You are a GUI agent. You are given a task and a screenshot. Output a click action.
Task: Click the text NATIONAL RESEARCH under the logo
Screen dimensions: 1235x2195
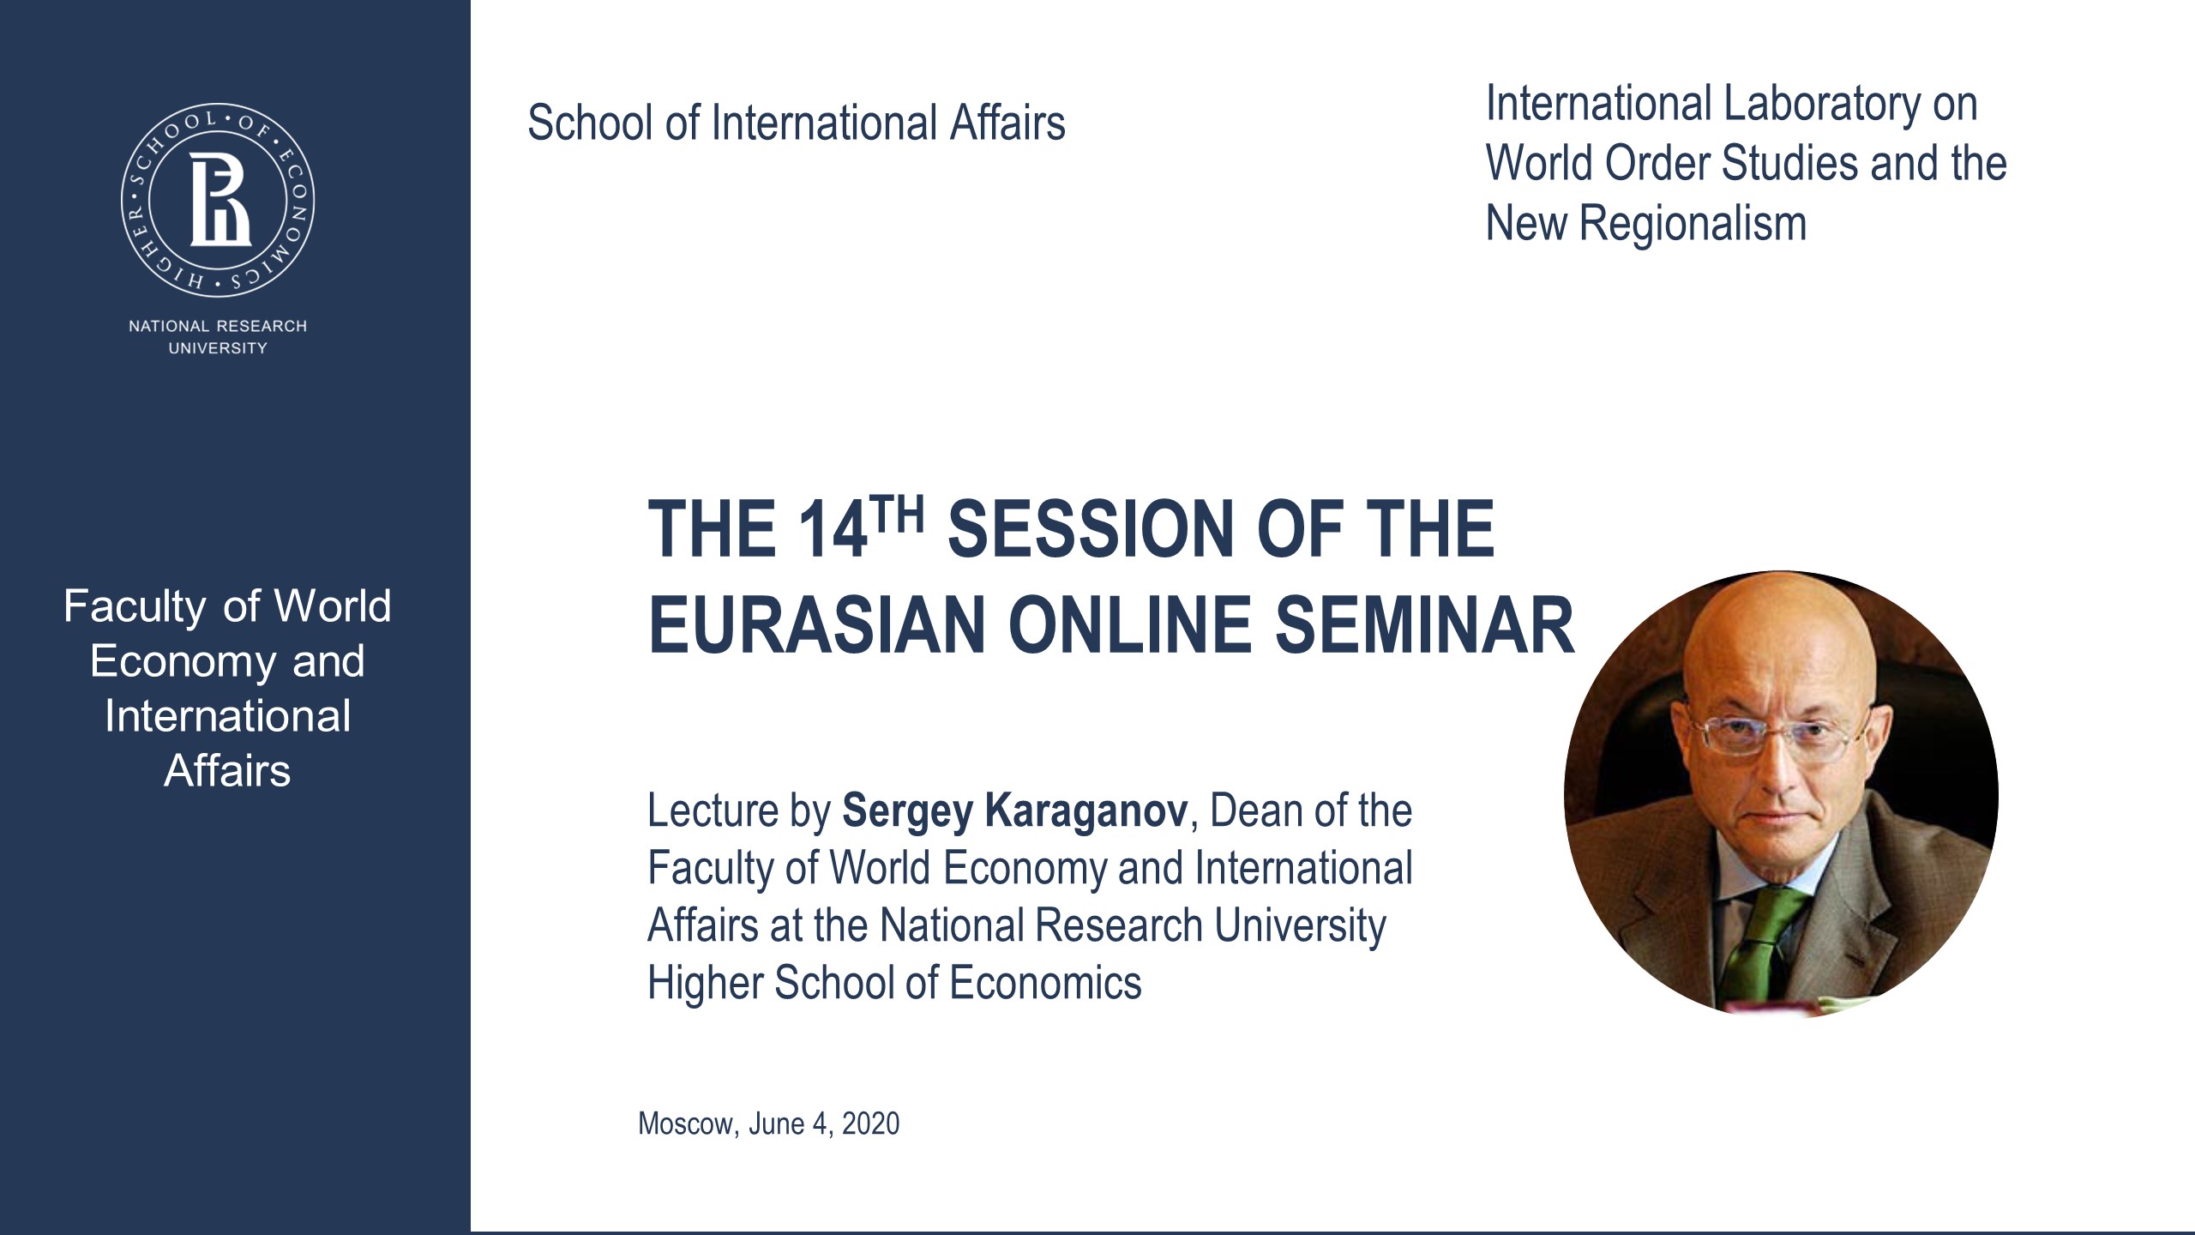(218, 326)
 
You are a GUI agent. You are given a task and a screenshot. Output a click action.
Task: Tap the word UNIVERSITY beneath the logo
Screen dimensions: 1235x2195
(218, 348)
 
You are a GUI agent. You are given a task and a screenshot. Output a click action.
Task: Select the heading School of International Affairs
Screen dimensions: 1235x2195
(796, 123)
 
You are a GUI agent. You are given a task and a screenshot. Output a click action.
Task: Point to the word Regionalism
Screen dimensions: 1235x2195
(1693, 224)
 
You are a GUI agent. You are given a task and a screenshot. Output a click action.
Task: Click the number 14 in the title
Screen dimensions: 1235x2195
(832, 530)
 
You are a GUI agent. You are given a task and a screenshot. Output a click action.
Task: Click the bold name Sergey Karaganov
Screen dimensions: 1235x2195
(1015, 811)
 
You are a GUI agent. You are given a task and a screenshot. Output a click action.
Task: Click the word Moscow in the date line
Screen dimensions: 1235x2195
(686, 1124)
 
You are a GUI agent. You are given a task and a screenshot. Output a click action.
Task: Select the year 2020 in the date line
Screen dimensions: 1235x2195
(870, 1124)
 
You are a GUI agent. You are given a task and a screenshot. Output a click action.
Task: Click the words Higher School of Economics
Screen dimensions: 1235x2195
(893, 983)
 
